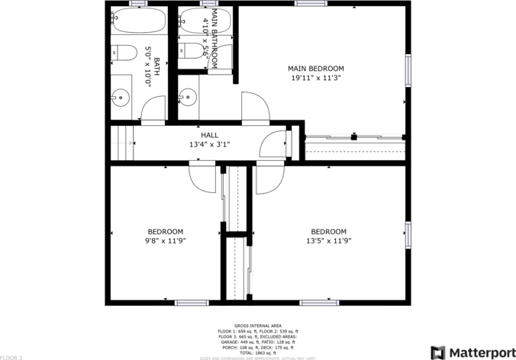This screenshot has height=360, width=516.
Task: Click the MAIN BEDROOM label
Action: [315, 68]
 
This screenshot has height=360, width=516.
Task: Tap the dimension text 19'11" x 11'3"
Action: [315, 77]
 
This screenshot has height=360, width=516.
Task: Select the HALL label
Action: [209, 135]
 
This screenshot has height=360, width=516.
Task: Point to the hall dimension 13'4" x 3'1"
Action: [209, 144]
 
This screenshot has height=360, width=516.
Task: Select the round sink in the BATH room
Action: [120, 97]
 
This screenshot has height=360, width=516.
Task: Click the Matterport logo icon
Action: [439, 352]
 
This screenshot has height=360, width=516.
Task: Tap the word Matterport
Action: [481, 352]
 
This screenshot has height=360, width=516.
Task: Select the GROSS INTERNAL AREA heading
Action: [257, 325]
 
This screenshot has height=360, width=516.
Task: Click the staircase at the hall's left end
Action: [122, 143]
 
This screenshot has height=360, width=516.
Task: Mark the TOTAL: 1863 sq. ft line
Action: [257, 352]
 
